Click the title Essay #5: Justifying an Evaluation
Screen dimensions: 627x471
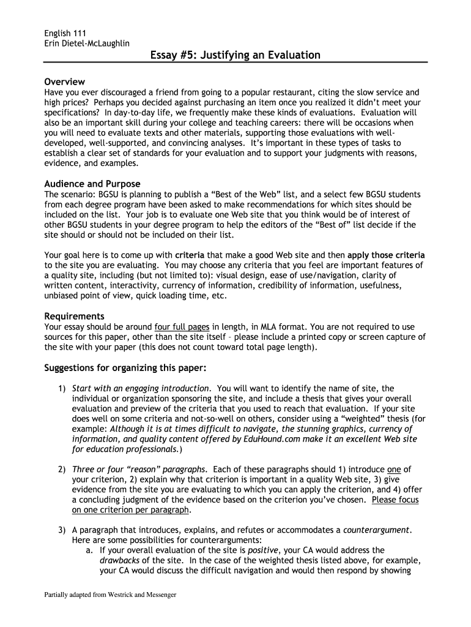[x=236, y=56]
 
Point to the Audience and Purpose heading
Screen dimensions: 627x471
[x=92, y=184]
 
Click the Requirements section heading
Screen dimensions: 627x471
[x=75, y=316]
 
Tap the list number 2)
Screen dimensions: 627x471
[x=62, y=469]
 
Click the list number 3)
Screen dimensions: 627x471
[x=62, y=530]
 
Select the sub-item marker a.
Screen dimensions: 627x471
[x=89, y=550]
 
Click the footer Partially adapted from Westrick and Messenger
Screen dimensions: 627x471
[x=110, y=595]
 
